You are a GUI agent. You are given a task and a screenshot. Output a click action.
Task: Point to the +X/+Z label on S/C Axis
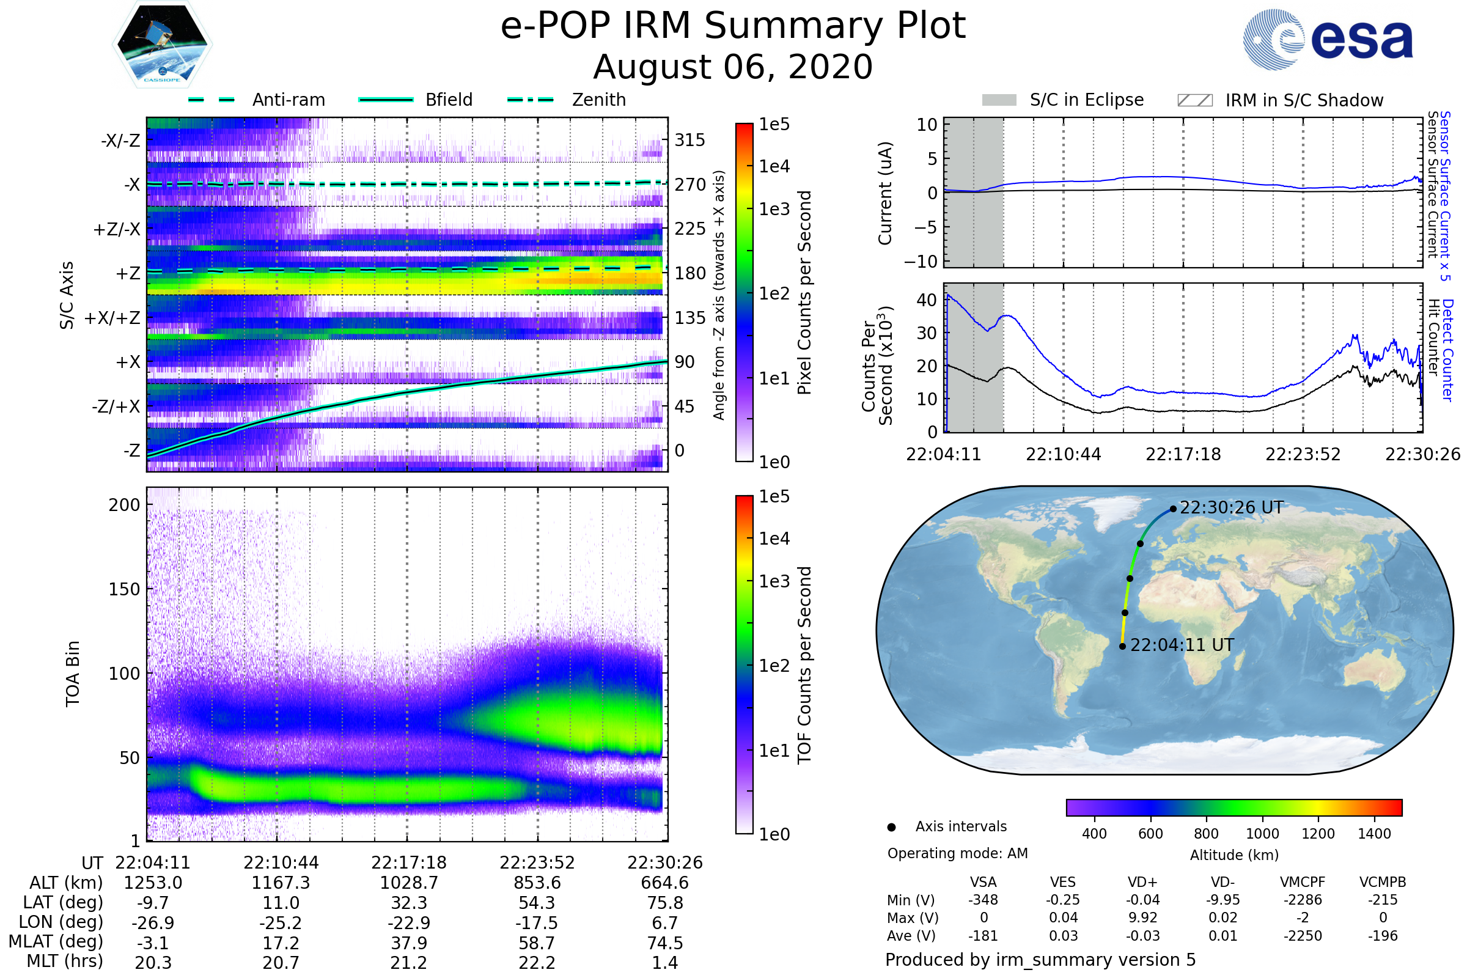(112, 318)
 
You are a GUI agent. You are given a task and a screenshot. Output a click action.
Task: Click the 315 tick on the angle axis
(689, 140)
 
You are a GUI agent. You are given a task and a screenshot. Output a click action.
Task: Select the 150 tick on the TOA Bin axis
(124, 589)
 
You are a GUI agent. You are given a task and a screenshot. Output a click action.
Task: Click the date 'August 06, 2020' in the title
(733, 67)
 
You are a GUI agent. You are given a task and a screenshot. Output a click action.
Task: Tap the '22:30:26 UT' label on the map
(1231, 508)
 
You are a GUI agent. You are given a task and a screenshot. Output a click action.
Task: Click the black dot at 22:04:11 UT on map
(1122, 646)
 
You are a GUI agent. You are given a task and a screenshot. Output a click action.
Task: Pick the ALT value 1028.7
(408, 883)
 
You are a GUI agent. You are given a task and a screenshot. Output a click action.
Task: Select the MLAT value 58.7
(537, 943)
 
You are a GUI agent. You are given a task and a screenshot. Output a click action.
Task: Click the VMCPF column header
(1303, 882)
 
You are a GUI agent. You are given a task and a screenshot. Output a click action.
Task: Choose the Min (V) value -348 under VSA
(983, 900)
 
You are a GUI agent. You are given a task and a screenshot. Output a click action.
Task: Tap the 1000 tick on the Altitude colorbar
(1262, 834)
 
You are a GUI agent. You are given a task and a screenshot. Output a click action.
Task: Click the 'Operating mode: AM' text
(957, 853)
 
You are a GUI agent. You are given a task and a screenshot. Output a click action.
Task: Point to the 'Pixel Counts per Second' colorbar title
(804, 293)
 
